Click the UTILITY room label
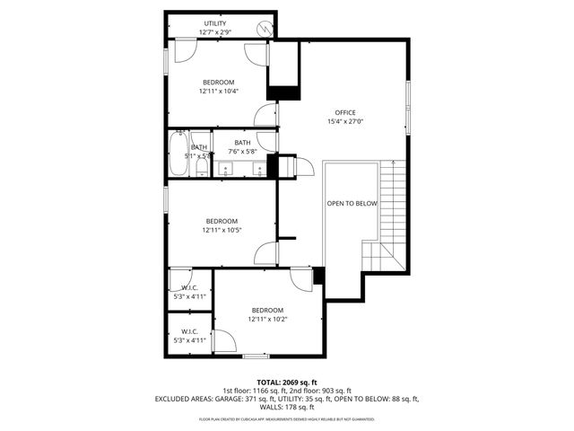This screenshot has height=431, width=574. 215,23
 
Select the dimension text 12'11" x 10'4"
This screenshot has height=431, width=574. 218,91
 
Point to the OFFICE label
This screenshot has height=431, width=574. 345,112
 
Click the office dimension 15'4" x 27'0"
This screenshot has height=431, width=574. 345,121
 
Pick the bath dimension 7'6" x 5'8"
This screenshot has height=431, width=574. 242,152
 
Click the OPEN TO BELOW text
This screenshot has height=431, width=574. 352,204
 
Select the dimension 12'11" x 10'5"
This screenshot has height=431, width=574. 222,230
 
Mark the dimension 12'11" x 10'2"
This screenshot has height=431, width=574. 267,319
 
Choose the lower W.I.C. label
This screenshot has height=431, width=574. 189,331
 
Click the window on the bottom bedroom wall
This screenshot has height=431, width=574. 256,356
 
